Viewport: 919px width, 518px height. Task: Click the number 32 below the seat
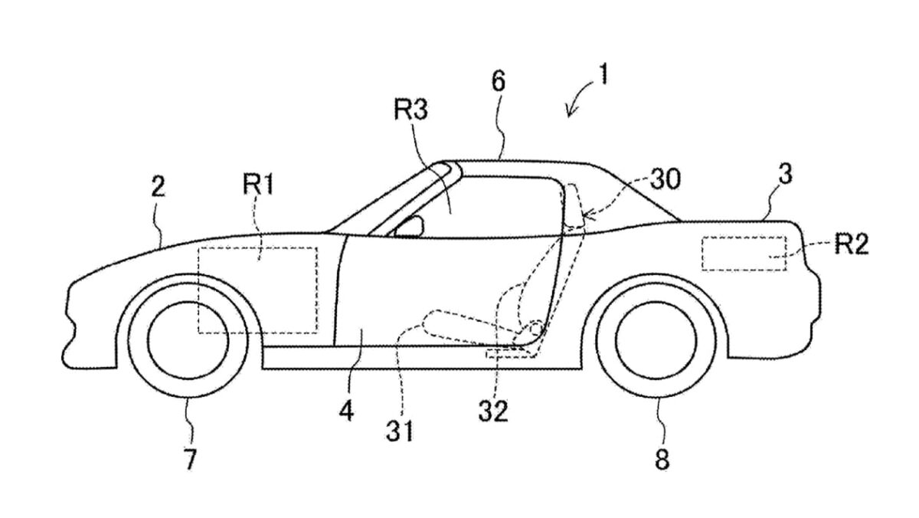[492, 412]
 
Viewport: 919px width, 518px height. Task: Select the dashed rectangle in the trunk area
[744, 253]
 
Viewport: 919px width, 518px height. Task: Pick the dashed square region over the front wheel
[257, 290]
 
